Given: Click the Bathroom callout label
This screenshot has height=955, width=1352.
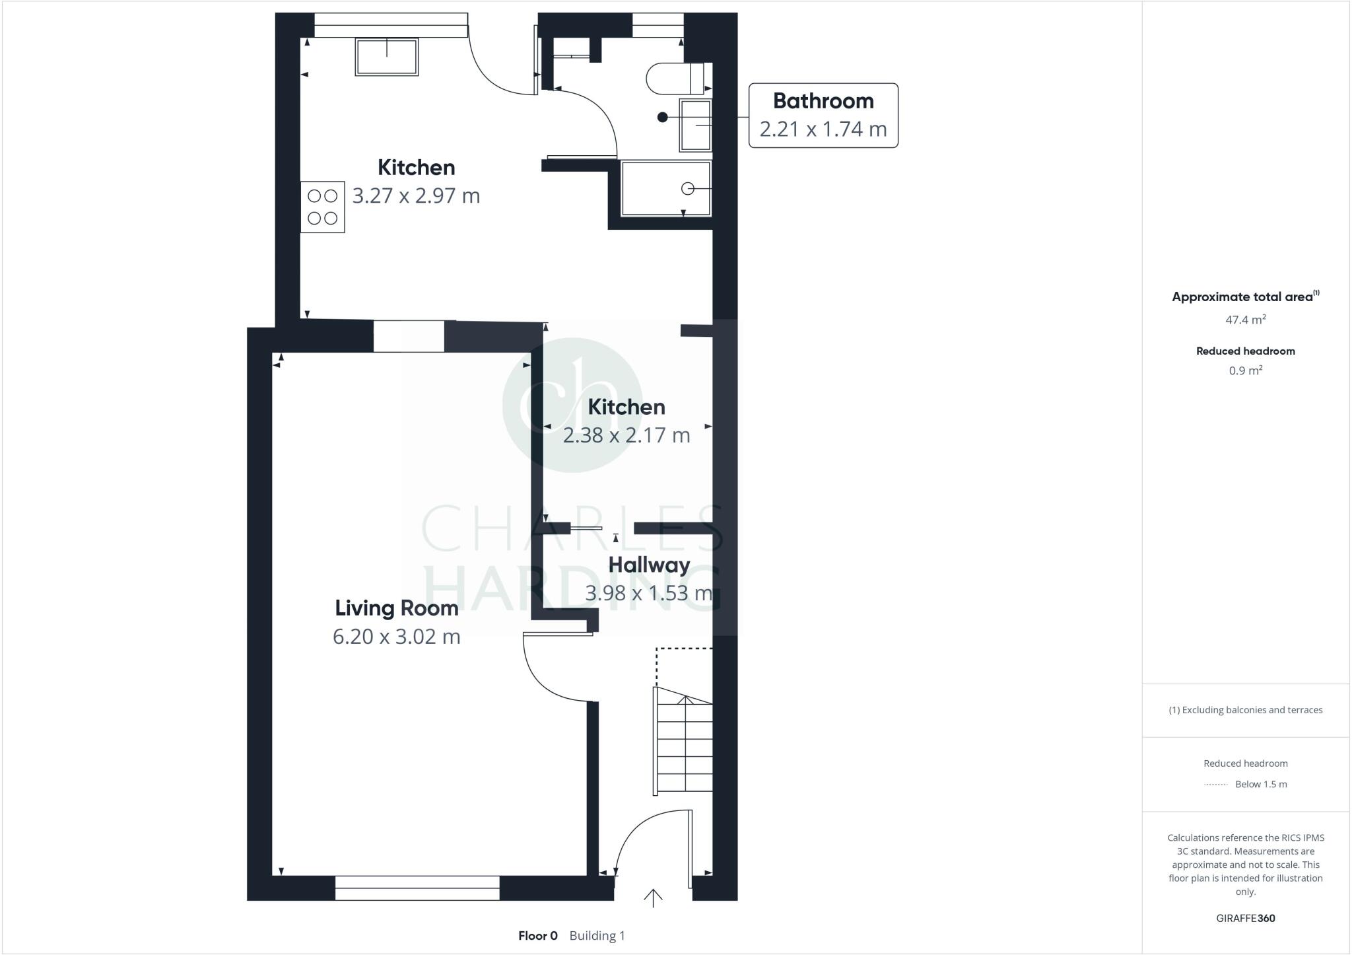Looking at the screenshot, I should tap(823, 101).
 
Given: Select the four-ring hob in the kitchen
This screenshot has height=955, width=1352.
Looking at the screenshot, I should tap(322, 207).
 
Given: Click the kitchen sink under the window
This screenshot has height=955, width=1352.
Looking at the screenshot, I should tap(387, 57).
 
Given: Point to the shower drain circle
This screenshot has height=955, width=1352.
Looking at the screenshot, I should tap(688, 189).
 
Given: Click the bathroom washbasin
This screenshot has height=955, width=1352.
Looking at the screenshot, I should tap(696, 125).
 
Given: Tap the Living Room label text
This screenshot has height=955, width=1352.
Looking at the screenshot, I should tap(396, 608).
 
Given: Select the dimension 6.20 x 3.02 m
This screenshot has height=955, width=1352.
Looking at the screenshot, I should tap(396, 637).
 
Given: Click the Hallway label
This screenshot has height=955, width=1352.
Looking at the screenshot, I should tap(649, 565).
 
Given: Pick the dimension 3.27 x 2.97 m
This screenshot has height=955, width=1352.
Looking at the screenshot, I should tap(416, 196).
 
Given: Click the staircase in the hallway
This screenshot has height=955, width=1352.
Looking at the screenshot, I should tap(684, 743).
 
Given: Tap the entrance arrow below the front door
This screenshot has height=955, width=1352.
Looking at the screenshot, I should tap(653, 898).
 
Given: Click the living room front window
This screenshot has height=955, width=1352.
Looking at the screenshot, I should tap(417, 888).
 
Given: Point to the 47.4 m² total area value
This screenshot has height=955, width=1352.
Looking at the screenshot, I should tap(1245, 320).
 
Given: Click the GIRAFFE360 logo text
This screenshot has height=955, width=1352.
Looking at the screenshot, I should tap(1245, 918).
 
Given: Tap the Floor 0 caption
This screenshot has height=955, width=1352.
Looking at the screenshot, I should tap(537, 936).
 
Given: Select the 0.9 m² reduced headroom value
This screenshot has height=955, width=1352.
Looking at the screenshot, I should tap(1245, 371).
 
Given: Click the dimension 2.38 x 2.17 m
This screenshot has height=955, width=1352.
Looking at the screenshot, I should tap(626, 435).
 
